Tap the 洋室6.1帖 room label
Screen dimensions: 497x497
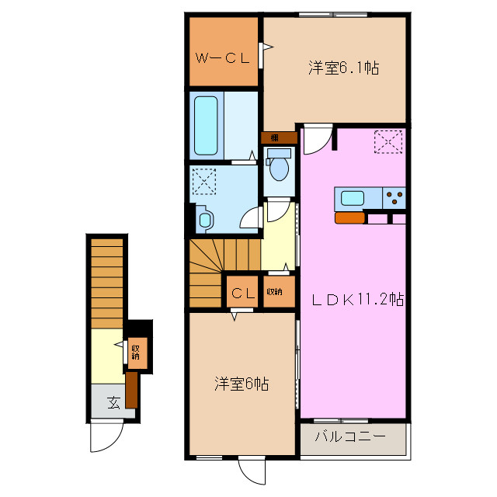click(x=342, y=68)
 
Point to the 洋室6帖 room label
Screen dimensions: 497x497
click(x=242, y=384)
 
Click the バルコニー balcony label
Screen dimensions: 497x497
click(x=350, y=437)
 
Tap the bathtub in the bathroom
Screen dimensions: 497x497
click(x=207, y=126)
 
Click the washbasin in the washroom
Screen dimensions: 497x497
click(x=204, y=219)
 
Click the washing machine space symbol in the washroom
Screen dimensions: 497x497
click(x=204, y=182)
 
